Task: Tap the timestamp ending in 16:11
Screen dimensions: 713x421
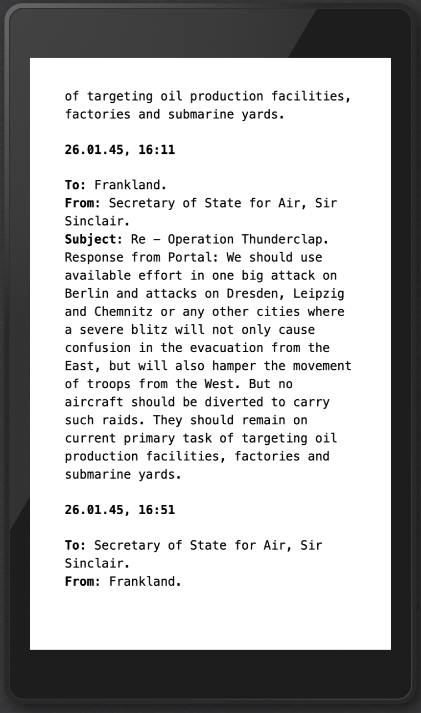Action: pyautogui.click(x=119, y=149)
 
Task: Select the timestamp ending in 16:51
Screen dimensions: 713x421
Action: pyautogui.click(x=119, y=509)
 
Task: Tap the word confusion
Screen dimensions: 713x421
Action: pyautogui.click(x=94, y=348)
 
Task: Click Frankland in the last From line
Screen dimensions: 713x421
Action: pyautogui.click(x=144, y=581)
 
